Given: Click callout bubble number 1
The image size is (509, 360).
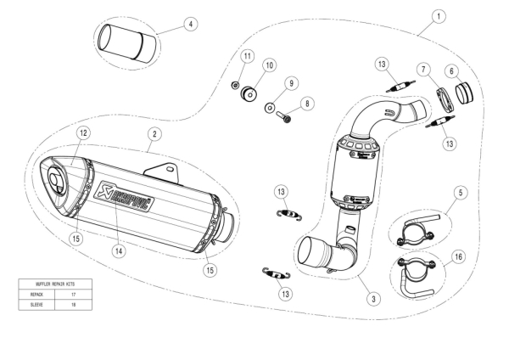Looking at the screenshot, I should tap(438, 15).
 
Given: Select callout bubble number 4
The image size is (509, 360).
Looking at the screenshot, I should tap(190, 24).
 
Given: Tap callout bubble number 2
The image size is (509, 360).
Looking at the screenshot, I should tap(154, 133).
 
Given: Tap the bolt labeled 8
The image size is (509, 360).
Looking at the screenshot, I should tap(286, 117).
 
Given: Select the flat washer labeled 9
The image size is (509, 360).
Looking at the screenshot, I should tap(269, 109).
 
